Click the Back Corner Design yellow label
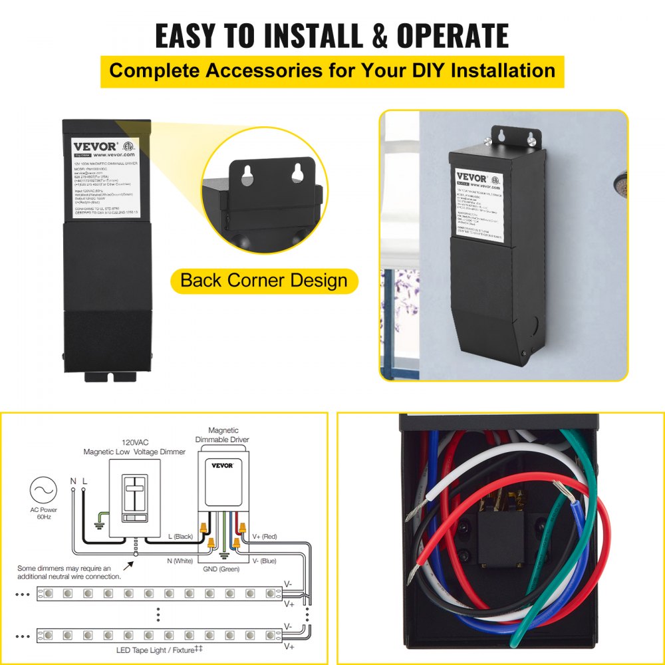(x=263, y=280)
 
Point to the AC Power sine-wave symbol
(x=43, y=490)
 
